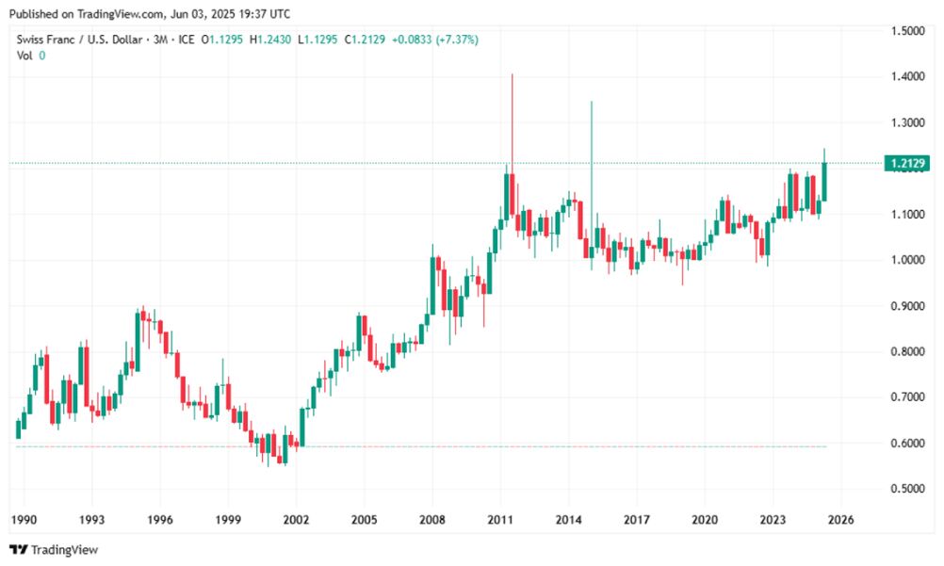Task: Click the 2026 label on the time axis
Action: [x=841, y=520]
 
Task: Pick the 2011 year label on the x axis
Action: [x=500, y=520]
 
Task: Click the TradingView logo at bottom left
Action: [x=54, y=549]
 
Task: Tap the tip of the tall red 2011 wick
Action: [x=512, y=74]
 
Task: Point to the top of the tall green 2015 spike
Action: [x=591, y=102]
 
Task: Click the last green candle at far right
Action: [x=824, y=181]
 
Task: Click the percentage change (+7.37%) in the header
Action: [x=454, y=40]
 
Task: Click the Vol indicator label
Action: [x=24, y=56]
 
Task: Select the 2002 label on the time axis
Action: [x=296, y=520]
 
